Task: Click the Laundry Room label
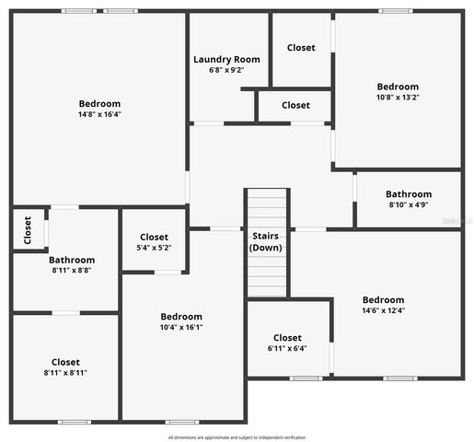click(x=226, y=59)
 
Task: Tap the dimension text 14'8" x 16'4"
click(x=99, y=115)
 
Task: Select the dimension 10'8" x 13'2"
click(x=398, y=98)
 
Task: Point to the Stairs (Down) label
click(x=267, y=241)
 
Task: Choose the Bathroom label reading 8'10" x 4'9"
click(x=409, y=194)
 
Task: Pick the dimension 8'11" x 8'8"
click(x=72, y=272)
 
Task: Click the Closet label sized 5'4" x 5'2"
click(x=154, y=238)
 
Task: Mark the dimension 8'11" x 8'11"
click(x=65, y=373)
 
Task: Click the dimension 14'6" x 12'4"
click(x=383, y=310)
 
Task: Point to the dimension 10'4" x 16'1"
click(x=181, y=327)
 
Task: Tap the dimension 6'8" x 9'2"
click(x=226, y=70)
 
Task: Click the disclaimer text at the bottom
click(x=237, y=437)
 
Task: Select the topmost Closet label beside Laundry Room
click(x=301, y=48)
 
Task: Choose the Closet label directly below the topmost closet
click(x=295, y=105)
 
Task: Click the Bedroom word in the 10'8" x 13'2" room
click(x=398, y=87)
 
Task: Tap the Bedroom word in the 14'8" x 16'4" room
click(x=99, y=104)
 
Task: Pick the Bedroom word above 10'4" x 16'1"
click(x=181, y=316)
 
